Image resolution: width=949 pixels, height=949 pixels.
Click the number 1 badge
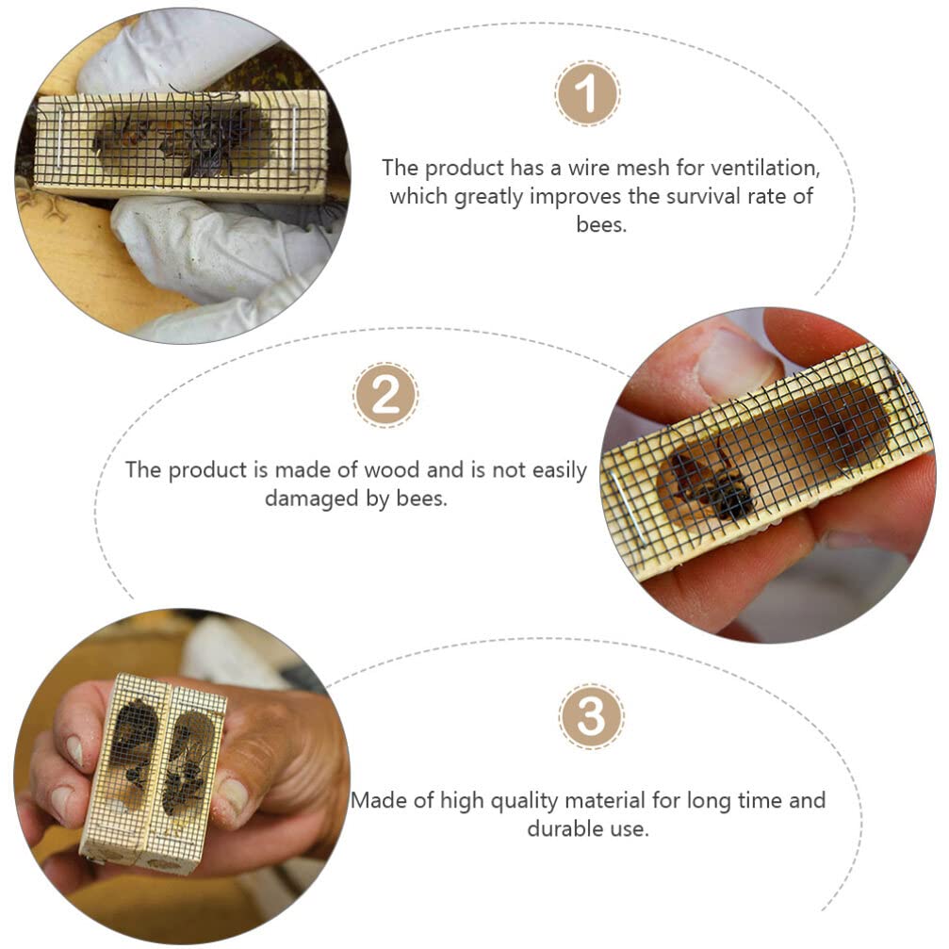pyautogui.click(x=586, y=95)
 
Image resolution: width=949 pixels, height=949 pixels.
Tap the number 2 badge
pyautogui.click(x=385, y=395)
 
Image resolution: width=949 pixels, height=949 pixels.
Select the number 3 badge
pyautogui.click(x=591, y=717)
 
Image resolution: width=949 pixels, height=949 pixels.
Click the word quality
pyautogui.click(x=508, y=801)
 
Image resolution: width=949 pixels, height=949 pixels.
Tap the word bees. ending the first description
pyautogui.click(x=601, y=224)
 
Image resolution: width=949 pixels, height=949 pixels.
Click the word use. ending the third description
pyautogui.click(x=630, y=829)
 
